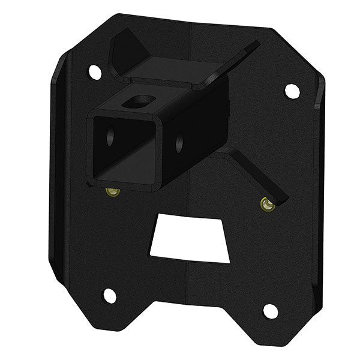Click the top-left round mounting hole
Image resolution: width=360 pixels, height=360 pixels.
95,72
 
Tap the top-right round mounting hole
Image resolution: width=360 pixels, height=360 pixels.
292,91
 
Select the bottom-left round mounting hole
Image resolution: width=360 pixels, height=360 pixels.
109,295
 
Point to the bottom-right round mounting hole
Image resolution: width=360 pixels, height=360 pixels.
271,311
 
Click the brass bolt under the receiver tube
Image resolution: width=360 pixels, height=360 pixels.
112,192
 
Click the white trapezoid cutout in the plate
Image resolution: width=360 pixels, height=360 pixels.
189,240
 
